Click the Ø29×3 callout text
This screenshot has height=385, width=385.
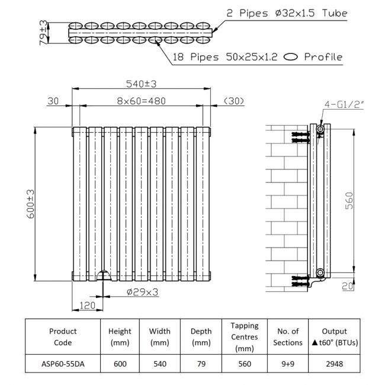[x=142, y=291]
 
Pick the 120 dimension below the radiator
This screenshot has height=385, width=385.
[x=87, y=306]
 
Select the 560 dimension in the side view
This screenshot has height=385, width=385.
[x=349, y=201]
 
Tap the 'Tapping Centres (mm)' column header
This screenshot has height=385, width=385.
[x=244, y=336]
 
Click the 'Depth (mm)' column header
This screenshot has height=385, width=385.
[x=201, y=336]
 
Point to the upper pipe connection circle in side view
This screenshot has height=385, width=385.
[x=320, y=129]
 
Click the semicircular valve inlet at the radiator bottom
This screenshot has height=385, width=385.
[x=103, y=276]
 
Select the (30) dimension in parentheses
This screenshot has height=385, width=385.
[x=235, y=101]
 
